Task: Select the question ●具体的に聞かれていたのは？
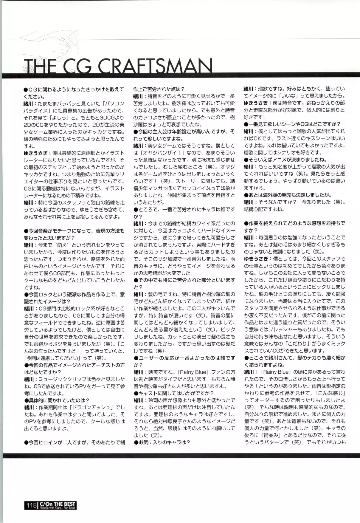(57, 400)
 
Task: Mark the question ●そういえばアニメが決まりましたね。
(285, 160)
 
